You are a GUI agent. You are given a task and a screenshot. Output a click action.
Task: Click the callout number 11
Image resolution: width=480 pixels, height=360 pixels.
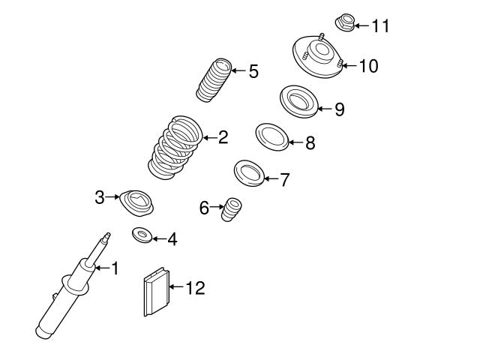click(380, 26)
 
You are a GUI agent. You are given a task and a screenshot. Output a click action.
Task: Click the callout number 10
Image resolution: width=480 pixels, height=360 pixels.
click(368, 66)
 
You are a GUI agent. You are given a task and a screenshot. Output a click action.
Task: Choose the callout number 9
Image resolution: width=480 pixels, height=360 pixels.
click(339, 109)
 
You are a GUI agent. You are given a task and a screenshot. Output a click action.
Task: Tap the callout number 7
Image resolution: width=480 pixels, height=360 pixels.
click(284, 180)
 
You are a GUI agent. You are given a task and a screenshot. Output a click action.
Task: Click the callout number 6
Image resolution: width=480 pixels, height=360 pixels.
click(204, 208)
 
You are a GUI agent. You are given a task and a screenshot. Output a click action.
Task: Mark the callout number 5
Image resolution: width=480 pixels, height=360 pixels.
click(253, 72)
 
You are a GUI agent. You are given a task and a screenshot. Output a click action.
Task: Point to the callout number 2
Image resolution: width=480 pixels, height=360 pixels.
click(222, 137)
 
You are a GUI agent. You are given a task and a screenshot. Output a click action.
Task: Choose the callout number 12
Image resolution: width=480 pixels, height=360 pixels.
click(194, 287)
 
